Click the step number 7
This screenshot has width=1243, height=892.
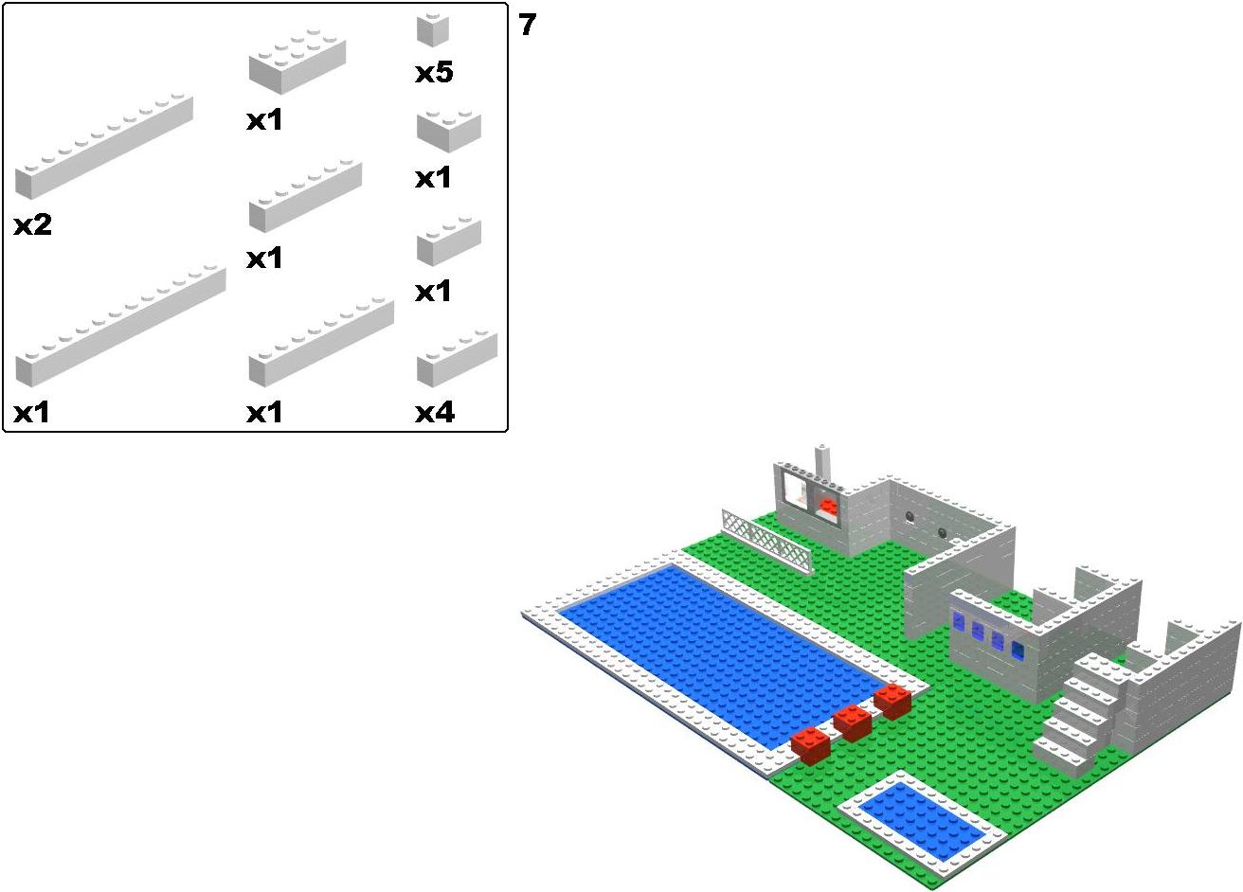click(x=527, y=25)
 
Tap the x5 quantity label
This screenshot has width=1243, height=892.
click(x=434, y=72)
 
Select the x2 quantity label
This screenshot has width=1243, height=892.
click(x=33, y=224)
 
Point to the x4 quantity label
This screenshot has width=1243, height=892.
click(x=435, y=412)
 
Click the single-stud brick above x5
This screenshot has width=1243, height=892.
click(x=433, y=29)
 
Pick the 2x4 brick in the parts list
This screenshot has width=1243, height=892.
click(x=297, y=64)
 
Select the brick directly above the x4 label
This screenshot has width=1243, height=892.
click(x=457, y=358)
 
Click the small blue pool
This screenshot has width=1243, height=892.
click(x=921, y=821)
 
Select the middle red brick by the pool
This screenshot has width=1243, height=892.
click(x=852, y=723)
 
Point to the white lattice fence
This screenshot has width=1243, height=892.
click(x=766, y=540)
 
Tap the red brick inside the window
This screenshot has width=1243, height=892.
click(x=829, y=507)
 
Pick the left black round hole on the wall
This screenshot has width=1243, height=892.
click(x=910, y=516)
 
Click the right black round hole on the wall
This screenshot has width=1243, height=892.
click(x=943, y=532)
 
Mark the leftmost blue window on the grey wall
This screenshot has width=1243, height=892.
click(x=959, y=621)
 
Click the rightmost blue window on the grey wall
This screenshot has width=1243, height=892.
click(x=1018, y=651)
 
